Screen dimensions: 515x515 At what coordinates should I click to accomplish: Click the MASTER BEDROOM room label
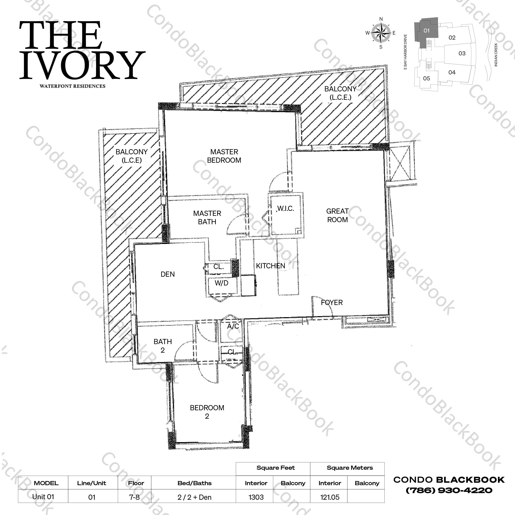(224, 156)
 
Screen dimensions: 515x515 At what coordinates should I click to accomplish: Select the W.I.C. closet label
(286, 208)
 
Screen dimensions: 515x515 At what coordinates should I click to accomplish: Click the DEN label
(168, 274)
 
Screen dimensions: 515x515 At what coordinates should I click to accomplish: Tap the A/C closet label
(233, 326)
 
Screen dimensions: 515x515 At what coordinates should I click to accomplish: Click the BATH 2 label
(163, 346)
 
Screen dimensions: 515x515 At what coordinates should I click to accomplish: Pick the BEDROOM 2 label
(207, 412)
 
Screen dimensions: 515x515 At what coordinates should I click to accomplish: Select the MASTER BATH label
(207, 218)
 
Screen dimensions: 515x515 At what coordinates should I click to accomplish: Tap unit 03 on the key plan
(462, 53)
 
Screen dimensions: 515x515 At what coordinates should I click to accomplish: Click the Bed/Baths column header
(195, 483)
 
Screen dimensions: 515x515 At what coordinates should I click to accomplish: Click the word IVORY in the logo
(82, 65)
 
